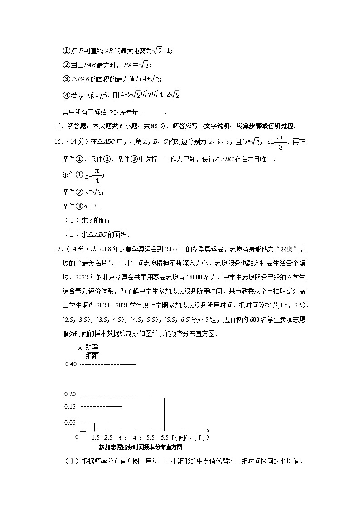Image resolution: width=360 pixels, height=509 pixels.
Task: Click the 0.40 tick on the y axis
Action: (70, 364)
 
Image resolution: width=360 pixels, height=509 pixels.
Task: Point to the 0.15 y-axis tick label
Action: (70, 406)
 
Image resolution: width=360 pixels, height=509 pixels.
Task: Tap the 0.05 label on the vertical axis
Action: (70, 423)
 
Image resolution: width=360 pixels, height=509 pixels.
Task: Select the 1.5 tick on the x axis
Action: (95, 438)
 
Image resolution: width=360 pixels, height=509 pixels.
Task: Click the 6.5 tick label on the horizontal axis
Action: (164, 438)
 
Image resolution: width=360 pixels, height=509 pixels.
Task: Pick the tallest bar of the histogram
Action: (129, 398)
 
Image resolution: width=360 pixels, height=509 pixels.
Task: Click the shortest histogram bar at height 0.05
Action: (101, 427)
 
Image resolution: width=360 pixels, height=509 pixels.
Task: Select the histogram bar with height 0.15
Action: (115, 418)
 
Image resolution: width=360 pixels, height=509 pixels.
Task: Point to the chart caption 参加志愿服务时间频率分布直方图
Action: (141, 447)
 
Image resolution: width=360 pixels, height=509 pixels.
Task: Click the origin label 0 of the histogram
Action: (77, 437)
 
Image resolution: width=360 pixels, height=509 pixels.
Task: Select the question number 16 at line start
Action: (54, 142)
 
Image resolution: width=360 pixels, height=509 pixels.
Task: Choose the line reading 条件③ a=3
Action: (80, 206)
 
